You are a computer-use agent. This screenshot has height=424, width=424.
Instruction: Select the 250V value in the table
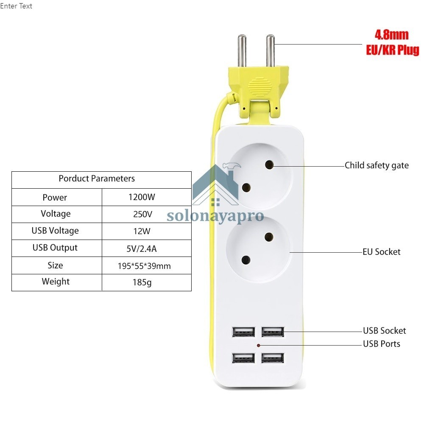point(142,214)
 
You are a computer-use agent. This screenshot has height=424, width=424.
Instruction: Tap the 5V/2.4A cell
point(142,248)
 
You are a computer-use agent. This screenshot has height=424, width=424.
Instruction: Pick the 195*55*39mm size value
point(144,266)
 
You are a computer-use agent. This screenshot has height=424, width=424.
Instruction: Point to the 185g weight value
point(142,282)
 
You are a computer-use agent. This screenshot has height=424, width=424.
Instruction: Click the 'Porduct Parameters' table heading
point(97,179)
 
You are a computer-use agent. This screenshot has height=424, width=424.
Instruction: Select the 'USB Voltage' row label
point(55,231)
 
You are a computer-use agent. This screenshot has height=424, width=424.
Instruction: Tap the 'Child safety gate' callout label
point(377,165)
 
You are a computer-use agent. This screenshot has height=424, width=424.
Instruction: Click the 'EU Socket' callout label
point(381,252)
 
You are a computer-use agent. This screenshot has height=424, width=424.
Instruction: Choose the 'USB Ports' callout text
point(381,343)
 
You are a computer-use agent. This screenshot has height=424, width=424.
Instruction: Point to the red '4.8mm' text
point(391,34)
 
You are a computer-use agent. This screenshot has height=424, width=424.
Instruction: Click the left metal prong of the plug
point(242,50)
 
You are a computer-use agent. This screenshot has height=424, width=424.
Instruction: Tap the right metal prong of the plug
point(270,50)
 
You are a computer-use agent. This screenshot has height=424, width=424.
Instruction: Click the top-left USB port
point(243,331)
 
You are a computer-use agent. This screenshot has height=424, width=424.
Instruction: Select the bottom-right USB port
point(272,358)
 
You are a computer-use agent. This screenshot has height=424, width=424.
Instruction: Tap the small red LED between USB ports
point(258,346)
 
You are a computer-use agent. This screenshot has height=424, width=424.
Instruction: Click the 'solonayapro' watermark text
point(215,216)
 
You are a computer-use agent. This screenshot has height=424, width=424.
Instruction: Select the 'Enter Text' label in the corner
point(16,6)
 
